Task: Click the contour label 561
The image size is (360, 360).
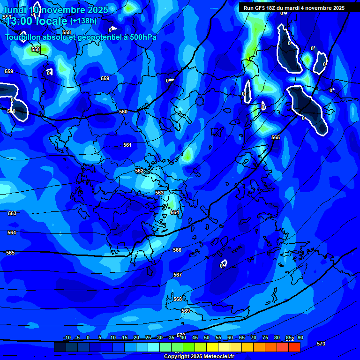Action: click(127, 145)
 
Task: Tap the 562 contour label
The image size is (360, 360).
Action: click(139, 171)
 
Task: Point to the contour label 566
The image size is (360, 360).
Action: click(177, 250)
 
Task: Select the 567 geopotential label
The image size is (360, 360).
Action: click(178, 275)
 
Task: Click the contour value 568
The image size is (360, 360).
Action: click(178, 300)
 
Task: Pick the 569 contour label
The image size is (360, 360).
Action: click(186, 311)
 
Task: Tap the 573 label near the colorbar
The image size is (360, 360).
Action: click(321, 344)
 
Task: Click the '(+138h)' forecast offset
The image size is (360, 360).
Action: click(83, 21)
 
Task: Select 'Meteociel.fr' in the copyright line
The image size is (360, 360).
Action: click(219, 357)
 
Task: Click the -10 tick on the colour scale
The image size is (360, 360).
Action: click(67, 338)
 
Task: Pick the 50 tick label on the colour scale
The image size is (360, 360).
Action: click(207, 338)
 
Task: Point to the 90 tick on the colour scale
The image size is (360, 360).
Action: click(300, 338)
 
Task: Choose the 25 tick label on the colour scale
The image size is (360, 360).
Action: click(148, 338)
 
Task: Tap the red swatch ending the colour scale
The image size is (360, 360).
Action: click(294, 347)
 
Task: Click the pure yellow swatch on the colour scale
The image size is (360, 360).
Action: click(212, 347)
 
